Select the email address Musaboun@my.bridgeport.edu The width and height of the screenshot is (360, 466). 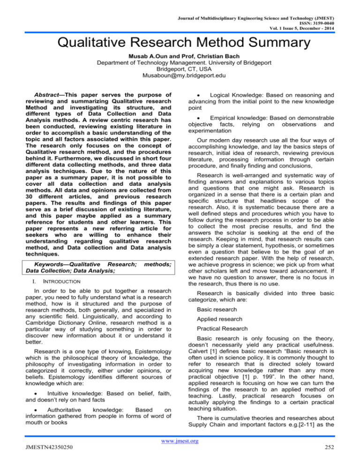coord(180,81)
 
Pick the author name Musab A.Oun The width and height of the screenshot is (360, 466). coord(135,59)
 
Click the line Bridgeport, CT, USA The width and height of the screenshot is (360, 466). coord(180,74)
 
